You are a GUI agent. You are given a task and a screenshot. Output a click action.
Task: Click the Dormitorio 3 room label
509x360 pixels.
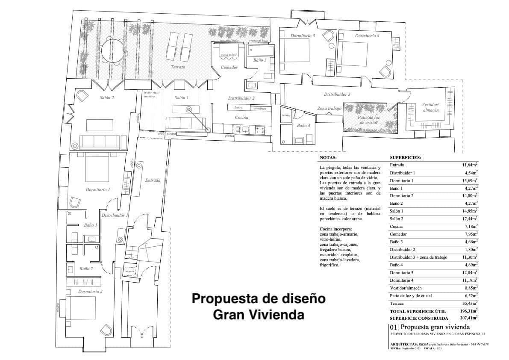[x=303, y=35]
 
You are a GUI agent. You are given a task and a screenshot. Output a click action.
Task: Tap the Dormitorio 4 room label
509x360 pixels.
[x=367, y=35]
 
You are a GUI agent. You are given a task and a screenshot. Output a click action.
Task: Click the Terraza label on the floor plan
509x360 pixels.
[x=178, y=68]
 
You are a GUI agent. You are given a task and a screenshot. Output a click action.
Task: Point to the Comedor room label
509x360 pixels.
[x=229, y=68]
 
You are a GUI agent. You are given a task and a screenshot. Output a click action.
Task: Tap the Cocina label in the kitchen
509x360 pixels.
[x=242, y=117]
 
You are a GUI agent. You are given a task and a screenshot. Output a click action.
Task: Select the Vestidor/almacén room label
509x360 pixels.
[x=430, y=107]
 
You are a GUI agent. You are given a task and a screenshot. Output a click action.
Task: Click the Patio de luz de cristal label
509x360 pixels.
[x=368, y=119]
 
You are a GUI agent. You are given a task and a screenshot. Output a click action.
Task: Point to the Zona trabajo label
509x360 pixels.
[x=329, y=109]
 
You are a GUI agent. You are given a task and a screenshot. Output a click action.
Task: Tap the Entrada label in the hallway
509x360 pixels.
[x=153, y=180]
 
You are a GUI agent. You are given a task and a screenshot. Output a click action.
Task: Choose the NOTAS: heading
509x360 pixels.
[x=328, y=157]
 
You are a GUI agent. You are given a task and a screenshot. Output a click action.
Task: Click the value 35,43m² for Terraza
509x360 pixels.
[x=469, y=303]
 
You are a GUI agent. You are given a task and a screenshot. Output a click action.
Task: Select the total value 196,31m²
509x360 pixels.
[x=468, y=311]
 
